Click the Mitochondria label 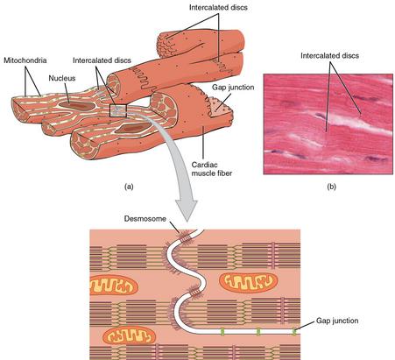point(25,60)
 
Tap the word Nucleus point(62,78)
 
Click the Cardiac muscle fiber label point(212,169)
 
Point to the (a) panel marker point(129,187)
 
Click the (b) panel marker point(331,187)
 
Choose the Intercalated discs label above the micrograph point(329,55)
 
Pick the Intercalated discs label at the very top point(218,7)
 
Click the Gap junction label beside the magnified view point(337,321)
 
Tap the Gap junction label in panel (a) point(233,87)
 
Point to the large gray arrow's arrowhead point(187,211)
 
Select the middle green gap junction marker point(258,332)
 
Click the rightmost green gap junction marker point(294,332)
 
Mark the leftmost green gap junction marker point(222,332)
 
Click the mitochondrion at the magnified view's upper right point(248,282)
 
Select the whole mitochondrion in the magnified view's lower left point(130,335)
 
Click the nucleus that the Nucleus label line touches point(77,105)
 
